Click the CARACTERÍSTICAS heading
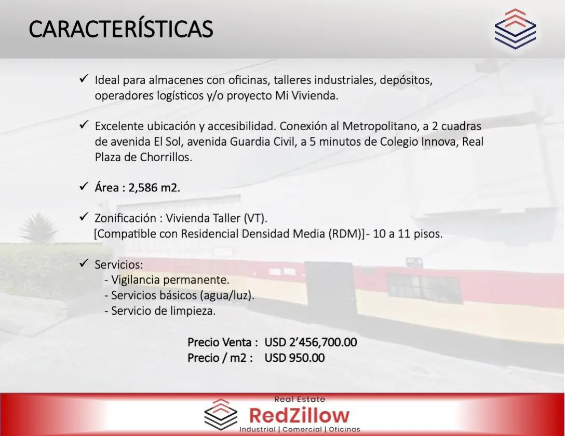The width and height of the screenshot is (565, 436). click(121, 29)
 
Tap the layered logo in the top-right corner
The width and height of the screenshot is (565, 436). click(515, 29)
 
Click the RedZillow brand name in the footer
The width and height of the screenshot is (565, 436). click(299, 415)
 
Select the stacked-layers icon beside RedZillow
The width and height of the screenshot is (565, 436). click(221, 414)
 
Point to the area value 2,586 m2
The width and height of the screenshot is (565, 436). click(154, 188)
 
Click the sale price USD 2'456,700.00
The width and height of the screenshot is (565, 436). click(311, 342)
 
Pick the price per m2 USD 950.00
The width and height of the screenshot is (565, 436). click(294, 358)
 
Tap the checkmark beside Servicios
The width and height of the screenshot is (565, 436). click(84, 263)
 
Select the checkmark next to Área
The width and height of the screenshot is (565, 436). click(84, 186)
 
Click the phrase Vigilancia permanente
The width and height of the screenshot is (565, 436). click(170, 279)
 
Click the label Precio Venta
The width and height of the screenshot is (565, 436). click(223, 342)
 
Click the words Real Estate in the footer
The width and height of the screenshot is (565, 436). click(300, 399)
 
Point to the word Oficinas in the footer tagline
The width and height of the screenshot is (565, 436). click(344, 429)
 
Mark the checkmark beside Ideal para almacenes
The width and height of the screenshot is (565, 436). click(84, 78)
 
